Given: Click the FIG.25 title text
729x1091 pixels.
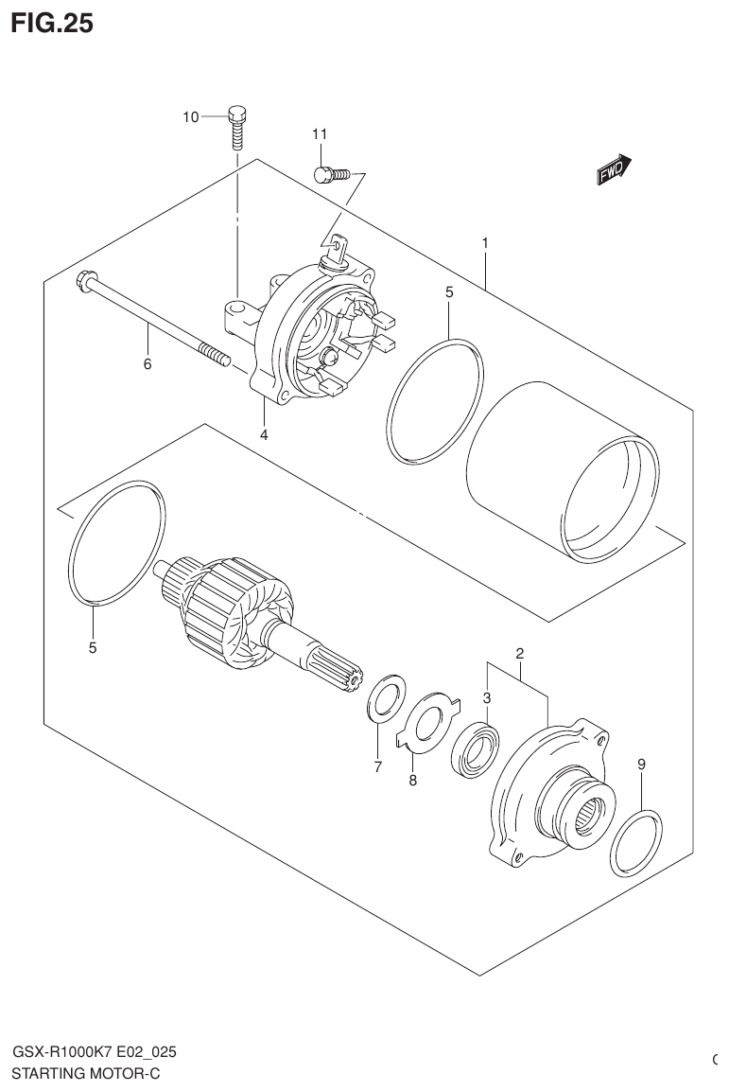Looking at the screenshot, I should [52, 24].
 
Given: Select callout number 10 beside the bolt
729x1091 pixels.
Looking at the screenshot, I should [191, 117].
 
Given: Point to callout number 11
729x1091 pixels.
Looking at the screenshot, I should [319, 134].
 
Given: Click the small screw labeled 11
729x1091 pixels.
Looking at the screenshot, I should [330, 173].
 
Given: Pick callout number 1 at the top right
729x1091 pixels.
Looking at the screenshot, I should [484, 243].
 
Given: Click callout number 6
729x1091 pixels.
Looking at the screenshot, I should [148, 364].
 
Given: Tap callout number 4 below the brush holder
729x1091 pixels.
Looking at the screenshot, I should [265, 434].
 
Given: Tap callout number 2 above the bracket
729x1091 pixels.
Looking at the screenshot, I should [519, 654].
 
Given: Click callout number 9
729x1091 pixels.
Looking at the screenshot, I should [641, 764].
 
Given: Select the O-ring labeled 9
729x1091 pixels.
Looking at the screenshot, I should [636, 843].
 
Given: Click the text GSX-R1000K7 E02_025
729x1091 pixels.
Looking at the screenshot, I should [94, 1052].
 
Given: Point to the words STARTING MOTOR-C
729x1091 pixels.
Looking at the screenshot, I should [86, 1073].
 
